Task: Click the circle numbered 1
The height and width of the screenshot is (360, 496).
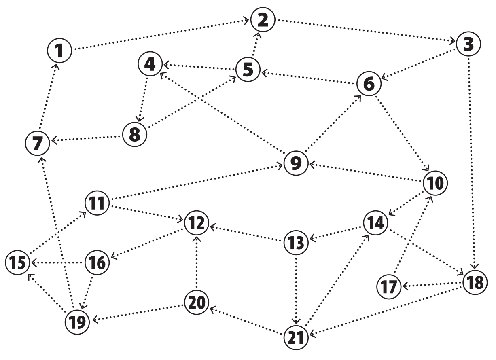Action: (x=59, y=51)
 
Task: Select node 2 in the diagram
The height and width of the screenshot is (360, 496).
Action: (x=263, y=19)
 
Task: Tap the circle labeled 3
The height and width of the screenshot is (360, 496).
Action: (x=468, y=44)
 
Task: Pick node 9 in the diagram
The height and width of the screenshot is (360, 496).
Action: (x=296, y=163)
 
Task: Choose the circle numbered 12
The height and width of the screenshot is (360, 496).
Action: (x=197, y=223)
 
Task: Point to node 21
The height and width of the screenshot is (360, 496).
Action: (x=296, y=338)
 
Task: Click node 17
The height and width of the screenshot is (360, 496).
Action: (x=389, y=287)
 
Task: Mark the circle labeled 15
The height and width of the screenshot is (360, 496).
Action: (x=17, y=263)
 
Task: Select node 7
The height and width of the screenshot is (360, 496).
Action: (x=37, y=143)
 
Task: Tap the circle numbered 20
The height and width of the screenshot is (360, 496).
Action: (x=197, y=302)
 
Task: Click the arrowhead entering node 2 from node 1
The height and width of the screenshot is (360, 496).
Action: (x=246, y=20)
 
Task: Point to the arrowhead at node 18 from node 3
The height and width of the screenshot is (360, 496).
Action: (x=474, y=266)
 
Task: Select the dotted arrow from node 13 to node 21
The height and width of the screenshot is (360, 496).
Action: (x=296, y=290)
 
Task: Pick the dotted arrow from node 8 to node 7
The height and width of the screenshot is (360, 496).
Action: (x=87, y=138)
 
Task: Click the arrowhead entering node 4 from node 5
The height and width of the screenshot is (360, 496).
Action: (x=166, y=65)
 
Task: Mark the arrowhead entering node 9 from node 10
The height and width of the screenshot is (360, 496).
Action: (x=312, y=165)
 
